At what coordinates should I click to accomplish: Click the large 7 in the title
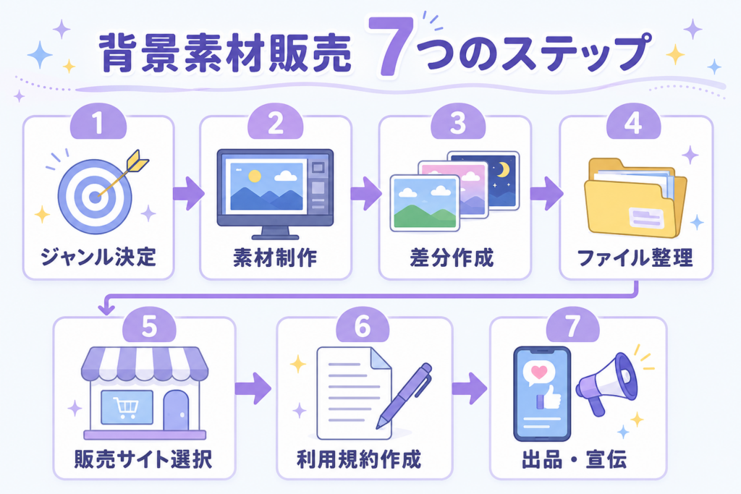coord(391,46)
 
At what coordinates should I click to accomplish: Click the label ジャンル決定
coord(98,257)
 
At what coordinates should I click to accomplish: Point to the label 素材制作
coord(275,258)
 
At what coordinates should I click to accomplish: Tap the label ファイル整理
coord(635,258)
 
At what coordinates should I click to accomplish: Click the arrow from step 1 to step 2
coord(188,193)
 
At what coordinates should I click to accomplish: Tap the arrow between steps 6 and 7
coord(469,388)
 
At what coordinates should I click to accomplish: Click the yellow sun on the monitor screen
coord(255,176)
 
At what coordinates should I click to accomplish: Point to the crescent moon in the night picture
coord(504,169)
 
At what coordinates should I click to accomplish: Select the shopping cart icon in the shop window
coord(126,408)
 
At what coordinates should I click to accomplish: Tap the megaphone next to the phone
coord(608,383)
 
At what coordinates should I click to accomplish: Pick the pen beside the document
coord(404,396)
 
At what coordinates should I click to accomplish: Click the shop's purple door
coord(176,410)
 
